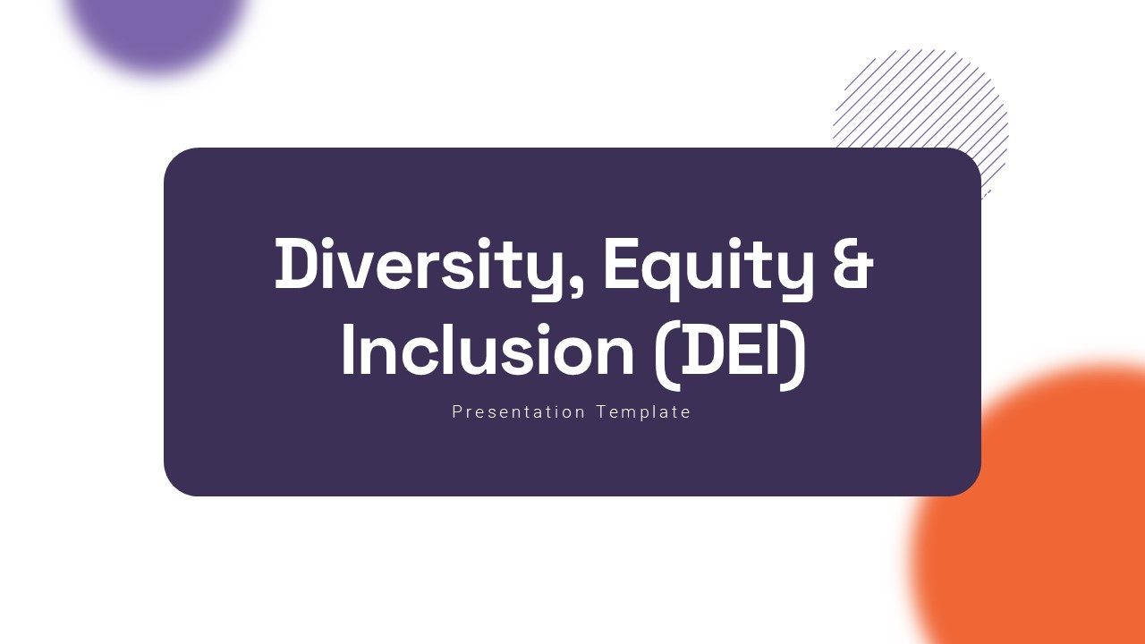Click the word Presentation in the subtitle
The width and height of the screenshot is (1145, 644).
click(x=518, y=412)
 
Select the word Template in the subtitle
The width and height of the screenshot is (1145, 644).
click(x=644, y=412)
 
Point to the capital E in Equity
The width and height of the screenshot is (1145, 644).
click(x=621, y=264)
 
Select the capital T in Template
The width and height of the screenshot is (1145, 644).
click(x=602, y=411)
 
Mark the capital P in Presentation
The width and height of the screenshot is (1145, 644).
click(x=457, y=411)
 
